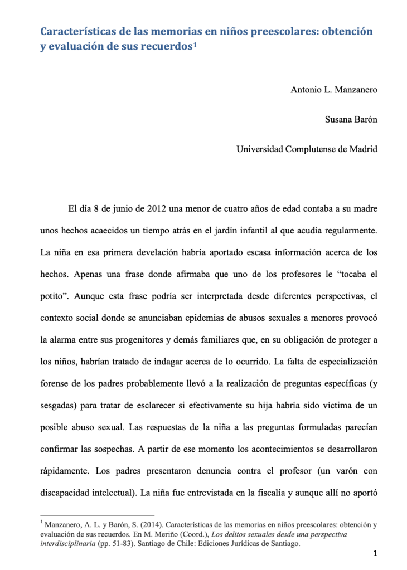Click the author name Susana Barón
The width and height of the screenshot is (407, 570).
pos(351,119)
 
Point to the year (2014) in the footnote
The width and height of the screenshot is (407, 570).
pos(151,524)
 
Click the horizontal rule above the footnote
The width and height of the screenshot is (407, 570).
pos(98,515)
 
